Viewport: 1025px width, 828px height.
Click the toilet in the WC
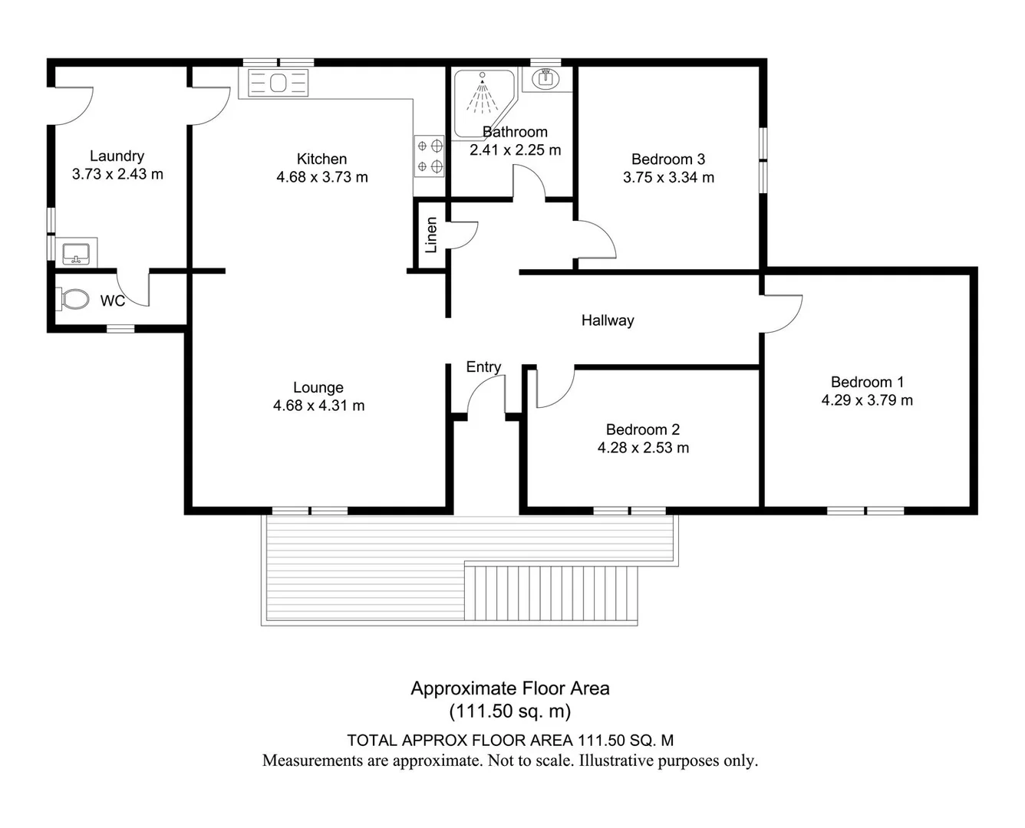pyautogui.click(x=73, y=299)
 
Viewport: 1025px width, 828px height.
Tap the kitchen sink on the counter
pyautogui.click(x=278, y=83)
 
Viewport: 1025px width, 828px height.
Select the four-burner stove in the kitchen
pyautogui.click(x=429, y=156)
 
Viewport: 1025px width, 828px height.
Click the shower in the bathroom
pyautogui.click(x=483, y=103)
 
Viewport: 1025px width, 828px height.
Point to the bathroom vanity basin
pyautogui.click(x=545, y=78)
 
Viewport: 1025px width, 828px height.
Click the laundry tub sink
pyautogui.click(x=77, y=253)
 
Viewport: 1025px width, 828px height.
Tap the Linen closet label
pyautogui.click(x=431, y=235)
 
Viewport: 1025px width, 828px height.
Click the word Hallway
pyautogui.click(x=608, y=320)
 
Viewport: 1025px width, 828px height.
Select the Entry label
pyautogui.click(x=483, y=367)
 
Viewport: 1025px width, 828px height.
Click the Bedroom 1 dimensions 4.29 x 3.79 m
pyautogui.click(x=867, y=400)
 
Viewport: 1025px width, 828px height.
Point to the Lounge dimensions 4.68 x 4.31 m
pyautogui.click(x=318, y=406)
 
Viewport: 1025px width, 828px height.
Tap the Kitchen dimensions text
pyautogui.click(x=322, y=177)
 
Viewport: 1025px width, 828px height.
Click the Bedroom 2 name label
pyautogui.click(x=643, y=429)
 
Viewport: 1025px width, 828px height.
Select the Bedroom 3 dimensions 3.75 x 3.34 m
pyautogui.click(x=668, y=177)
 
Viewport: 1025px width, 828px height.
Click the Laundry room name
pyautogui.click(x=117, y=156)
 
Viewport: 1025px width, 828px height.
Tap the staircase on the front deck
pyautogui.click(x=551, y=593)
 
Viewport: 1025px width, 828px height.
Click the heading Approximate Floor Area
pyautogui.click(x=510, y=688)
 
